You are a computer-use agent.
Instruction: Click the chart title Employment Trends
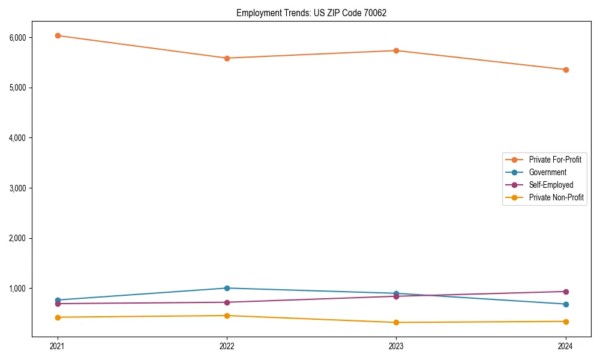point(311,13)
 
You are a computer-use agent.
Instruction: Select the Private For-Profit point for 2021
point(58,35)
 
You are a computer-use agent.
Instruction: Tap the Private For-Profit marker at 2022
point(227,58)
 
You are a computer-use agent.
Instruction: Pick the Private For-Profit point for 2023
point(396,50)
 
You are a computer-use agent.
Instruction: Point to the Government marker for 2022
point(227,288)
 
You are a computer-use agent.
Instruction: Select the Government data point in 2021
point(58,300)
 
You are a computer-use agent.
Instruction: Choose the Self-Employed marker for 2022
point(227,302)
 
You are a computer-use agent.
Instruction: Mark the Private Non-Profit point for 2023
point(396,322)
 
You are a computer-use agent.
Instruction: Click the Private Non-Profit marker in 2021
point(58,317)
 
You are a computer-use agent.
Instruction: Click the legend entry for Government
point(547,172)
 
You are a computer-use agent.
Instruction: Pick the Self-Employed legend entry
point(551,185)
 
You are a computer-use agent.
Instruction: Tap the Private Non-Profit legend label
point(556,197)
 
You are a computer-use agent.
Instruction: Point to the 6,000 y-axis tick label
point(18,38)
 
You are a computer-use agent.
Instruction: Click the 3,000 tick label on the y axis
point(18,188)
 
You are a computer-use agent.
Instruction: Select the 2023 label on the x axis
point(396,346)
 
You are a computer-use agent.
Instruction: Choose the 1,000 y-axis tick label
point(18,289)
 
